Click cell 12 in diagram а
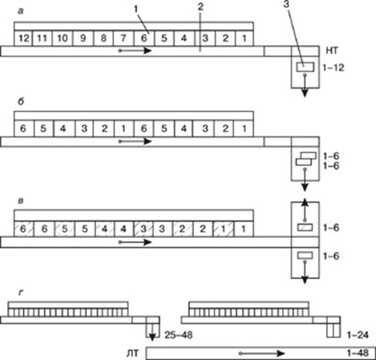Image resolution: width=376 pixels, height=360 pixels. point(23,38)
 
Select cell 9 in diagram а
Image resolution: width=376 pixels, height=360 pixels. point(83,38)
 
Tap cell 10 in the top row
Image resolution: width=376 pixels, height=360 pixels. point(63,38)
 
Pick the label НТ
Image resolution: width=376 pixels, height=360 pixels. point(332,51)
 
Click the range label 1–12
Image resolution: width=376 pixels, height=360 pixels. point(333,68)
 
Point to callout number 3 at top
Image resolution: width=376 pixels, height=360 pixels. point(287,5)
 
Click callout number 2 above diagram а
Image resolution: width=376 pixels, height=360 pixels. point(200,7)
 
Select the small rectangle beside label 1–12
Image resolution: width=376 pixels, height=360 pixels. point(305,67)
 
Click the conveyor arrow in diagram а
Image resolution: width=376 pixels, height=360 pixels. point(136,51)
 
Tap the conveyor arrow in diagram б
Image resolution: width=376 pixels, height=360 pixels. point(136,141)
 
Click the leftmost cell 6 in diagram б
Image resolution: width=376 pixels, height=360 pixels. point(23,129)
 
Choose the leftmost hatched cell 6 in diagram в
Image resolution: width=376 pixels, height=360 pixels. point(23,229)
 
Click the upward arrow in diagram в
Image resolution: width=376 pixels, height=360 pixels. point(305,210)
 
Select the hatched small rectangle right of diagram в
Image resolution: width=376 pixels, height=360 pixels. point(305,227)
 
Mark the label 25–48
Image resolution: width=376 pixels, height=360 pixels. point(179,335)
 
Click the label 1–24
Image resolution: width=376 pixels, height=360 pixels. point(358,335)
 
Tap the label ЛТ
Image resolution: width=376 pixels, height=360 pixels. point(133,353)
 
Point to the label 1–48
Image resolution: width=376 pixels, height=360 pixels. point(358,353)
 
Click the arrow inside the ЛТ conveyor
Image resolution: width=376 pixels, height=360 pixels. point(262,353)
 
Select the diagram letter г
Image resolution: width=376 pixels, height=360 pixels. point(21,292)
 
